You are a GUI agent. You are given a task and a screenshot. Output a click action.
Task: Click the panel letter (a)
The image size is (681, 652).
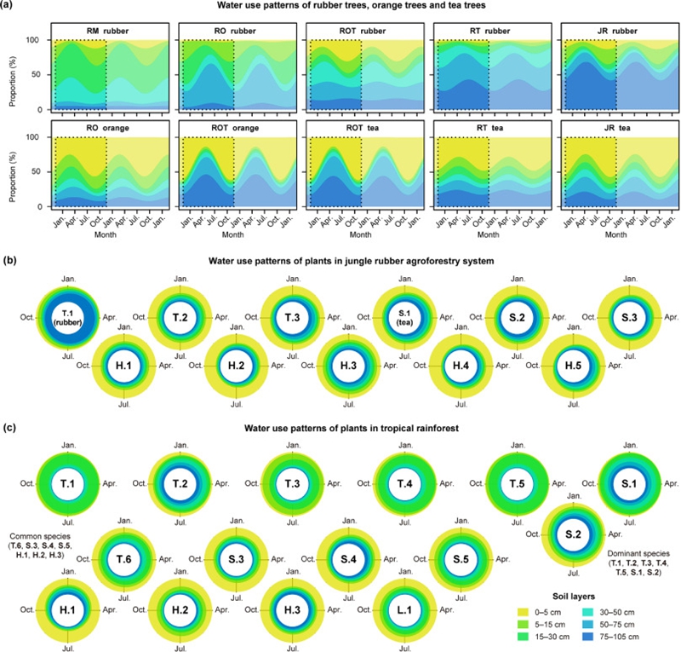10,8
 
